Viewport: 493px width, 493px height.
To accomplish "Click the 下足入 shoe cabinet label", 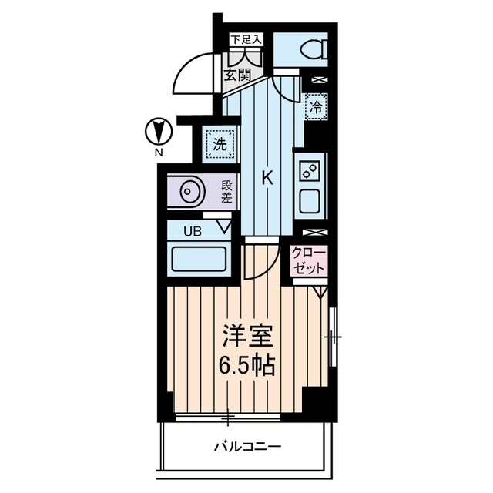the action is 246,40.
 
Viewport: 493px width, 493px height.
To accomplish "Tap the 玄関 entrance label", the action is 237,75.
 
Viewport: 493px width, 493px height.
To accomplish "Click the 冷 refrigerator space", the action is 316,106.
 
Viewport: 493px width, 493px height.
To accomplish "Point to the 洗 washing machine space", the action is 220,144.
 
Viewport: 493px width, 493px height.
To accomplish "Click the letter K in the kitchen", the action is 267,179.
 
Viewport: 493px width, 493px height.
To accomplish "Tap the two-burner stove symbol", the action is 310,171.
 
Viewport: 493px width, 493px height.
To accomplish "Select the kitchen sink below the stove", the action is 310,202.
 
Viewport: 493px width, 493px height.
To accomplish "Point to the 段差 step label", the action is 226,191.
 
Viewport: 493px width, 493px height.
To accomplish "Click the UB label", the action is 193,232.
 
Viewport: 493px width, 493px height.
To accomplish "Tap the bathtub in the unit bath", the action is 200,259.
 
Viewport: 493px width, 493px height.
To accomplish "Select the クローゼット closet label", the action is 308,260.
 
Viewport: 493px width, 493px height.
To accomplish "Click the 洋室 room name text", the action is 248,336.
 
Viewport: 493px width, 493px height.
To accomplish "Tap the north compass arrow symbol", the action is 159,131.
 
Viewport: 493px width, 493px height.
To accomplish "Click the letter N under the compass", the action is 159,153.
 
